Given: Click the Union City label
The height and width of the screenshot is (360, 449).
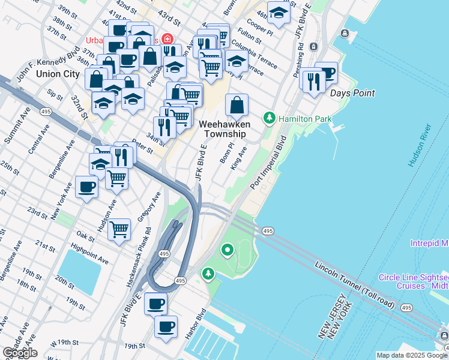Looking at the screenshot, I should click(57, 74).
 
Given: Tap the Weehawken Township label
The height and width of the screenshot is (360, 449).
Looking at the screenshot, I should click(222, 128).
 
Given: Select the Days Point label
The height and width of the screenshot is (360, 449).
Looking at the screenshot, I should click(352, 93).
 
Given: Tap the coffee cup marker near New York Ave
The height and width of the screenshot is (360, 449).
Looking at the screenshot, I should click(86, 187).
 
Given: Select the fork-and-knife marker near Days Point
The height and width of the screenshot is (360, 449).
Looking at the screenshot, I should click(314, 81).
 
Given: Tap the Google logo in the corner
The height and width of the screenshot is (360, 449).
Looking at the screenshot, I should click(19, 353).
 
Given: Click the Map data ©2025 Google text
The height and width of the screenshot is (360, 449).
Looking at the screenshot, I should click(412, 355).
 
